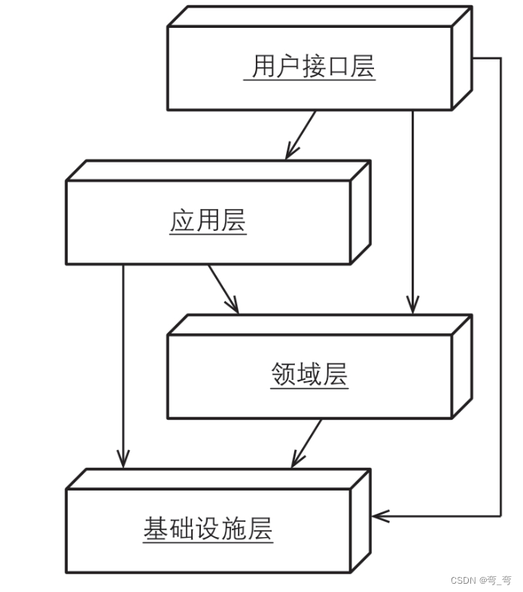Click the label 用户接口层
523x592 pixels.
(313, 66)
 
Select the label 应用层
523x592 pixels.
(208, 221)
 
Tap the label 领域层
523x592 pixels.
(309, 374)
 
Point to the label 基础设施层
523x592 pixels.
(208, 529)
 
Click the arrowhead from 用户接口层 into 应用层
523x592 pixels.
(290, 153)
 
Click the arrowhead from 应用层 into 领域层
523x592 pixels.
(234, 307)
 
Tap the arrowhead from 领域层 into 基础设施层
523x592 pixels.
(296, 461)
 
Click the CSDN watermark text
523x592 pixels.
(480, 580)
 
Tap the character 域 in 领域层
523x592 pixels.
(309, 374)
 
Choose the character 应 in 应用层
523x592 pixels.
(182, 221)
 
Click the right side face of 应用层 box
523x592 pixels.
(360, 212)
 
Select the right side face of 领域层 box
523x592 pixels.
(462, 366)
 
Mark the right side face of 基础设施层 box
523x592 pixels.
(360, 521)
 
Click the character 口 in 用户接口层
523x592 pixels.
(338, 66)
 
